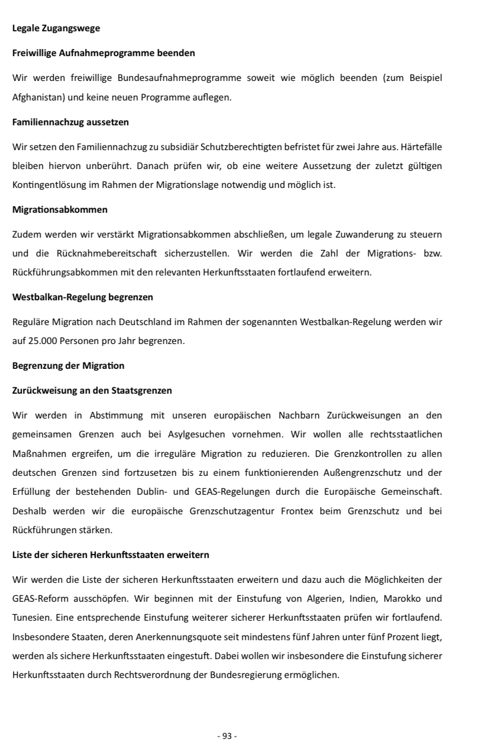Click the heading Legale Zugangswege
(56, 28)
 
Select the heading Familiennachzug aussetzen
(70, 122)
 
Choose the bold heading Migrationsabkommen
(60, 209)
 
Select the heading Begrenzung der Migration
(68, 365)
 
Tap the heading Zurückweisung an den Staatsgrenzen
(92, 390)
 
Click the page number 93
(227, 735)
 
